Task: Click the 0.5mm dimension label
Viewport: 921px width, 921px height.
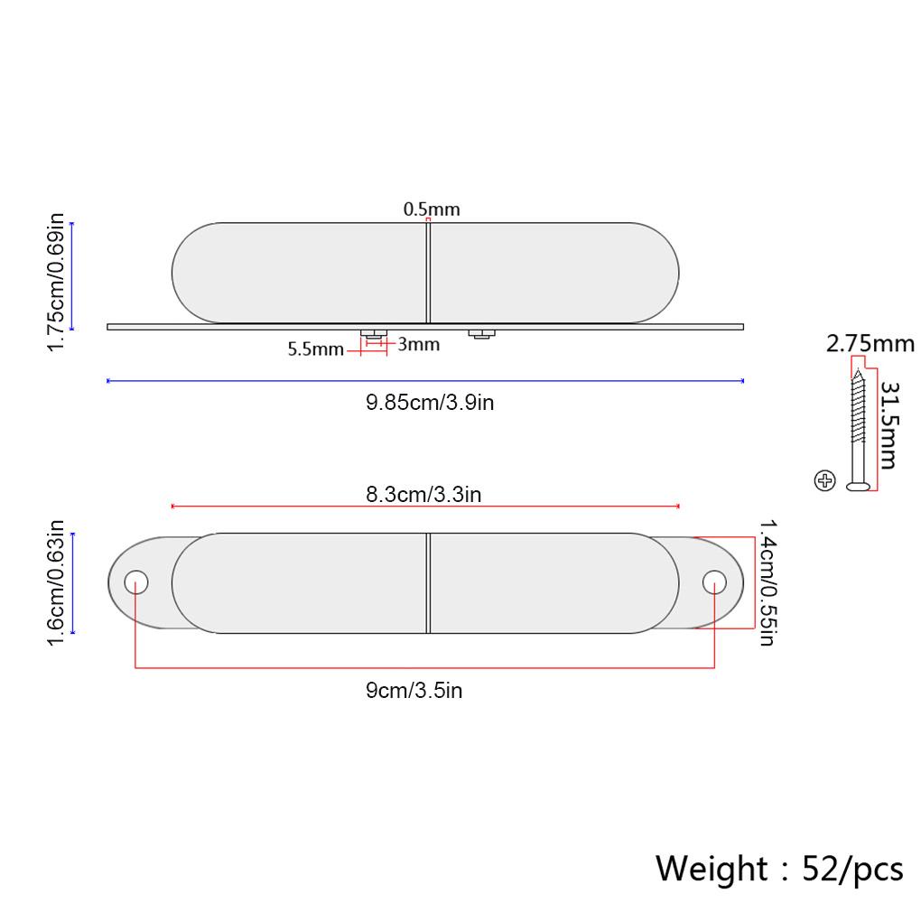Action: tap(431, 209)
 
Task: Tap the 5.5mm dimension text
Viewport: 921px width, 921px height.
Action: tap(315, 349)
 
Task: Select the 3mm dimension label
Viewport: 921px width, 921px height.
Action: tap(419, 344)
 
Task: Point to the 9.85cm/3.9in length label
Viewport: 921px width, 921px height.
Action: tap(430, 403)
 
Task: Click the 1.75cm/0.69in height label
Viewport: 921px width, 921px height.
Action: tap(56, 283)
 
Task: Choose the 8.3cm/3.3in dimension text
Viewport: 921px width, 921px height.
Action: tap(423, 494)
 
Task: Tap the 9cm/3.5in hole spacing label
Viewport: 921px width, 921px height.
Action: tap(414, 690)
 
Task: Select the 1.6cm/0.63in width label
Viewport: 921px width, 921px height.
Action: tap(56, 582)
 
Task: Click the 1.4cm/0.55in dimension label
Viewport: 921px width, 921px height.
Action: tap(768, 582)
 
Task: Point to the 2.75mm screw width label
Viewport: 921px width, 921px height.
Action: tap(870, 344)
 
